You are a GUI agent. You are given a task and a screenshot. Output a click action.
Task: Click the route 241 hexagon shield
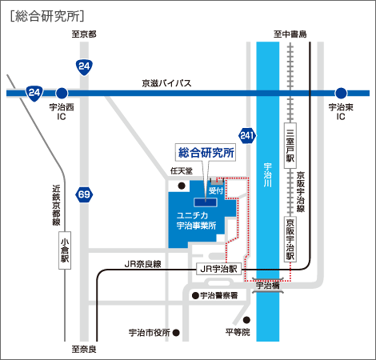[x=247, y=135]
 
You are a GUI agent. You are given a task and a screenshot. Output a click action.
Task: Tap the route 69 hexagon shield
[x=84, y=194]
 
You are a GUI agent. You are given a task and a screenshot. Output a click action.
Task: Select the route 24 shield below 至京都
[x=84, y=67]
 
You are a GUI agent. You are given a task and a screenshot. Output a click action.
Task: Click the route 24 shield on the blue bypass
[x=34, y=93]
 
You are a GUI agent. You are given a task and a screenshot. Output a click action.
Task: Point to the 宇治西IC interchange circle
[x=62, y=94]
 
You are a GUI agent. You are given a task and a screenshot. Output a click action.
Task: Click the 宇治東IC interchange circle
[x=341, y=94]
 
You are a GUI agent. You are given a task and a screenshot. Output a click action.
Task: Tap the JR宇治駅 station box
[x=218, y=269]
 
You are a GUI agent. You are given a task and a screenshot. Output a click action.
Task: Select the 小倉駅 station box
[x=65, y=250]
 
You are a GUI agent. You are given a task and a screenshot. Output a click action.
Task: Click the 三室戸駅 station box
[x=290, y=146]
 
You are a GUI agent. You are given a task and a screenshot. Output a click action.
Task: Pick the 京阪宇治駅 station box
[x=290, y=239]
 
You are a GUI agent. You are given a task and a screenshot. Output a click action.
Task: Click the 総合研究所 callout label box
[x=206, y=152]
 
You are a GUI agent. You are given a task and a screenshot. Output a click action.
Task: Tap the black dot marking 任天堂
[x=182, y=186]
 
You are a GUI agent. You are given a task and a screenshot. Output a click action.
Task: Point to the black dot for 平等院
[x=246, y=319]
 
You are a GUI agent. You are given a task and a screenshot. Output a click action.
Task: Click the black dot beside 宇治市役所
[x=176, y=333]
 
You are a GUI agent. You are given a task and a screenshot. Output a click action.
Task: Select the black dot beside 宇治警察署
[x=195, y=295]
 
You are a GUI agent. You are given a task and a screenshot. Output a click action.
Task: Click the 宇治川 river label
[x=268, y=175]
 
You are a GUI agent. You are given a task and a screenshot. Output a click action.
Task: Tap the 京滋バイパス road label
[x=166, y=83]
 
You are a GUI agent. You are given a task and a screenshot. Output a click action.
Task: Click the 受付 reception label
[x=216, y=190]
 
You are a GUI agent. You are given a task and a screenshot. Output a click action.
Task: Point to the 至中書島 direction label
[x=290, y=34]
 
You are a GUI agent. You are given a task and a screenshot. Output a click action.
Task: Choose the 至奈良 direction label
[x=84, y=349]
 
